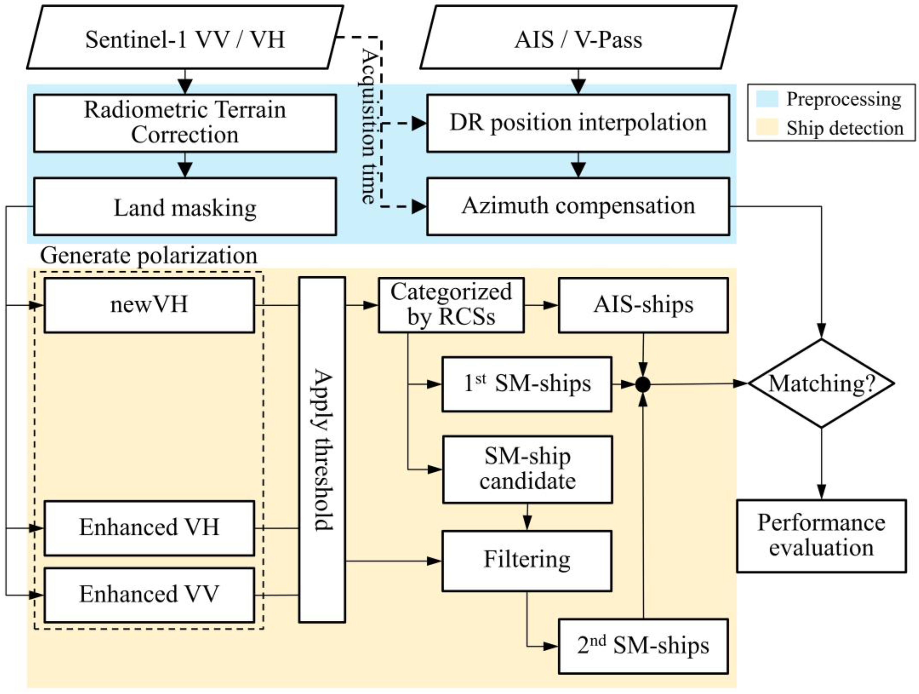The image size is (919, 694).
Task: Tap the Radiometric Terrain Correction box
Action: (x=185, y=123)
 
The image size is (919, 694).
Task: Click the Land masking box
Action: (x=185, y=207)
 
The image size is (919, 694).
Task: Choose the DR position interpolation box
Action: (x=578, y=123)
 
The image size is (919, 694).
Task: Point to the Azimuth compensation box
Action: (x=578, y=206)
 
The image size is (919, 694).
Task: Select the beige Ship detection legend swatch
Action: (x=767, y=128)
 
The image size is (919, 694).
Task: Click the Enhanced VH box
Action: (x=149, y=528)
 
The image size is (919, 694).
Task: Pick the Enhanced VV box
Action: (x=149, y=595)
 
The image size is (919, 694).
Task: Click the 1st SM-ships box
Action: (x=527, y=384)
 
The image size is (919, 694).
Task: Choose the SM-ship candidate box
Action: (x=527, y=469)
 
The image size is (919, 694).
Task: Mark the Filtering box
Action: (x=527, y=561)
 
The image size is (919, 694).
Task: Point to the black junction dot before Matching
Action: (x=643, y=385)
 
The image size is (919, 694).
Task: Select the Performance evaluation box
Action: (x=821, y=536)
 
